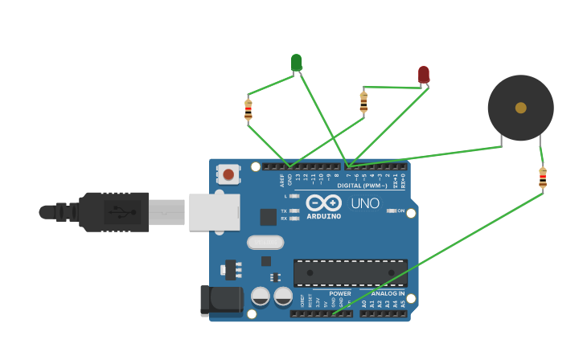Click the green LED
tap(296, 62)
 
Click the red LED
tap(424, 75)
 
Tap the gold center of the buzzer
tap(520, 108)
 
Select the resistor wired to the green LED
tap(248, 110)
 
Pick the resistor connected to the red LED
tap(363, 102)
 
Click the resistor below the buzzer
tap(543, 178)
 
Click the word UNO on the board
tap(365, 203)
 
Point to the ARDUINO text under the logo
tap(323, 216)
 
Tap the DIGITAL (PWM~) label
tap(362, 186)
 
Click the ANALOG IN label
tap(382, 293)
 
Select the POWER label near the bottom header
tap(339, 293)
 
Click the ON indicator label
tap(400, 211)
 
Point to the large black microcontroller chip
tap(350, 272)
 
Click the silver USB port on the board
tap(214, 212)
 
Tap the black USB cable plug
tap(113, 212)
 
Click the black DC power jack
tap(220, 300)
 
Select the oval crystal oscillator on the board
tap(265, 242)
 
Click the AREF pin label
tap(282, 181)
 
